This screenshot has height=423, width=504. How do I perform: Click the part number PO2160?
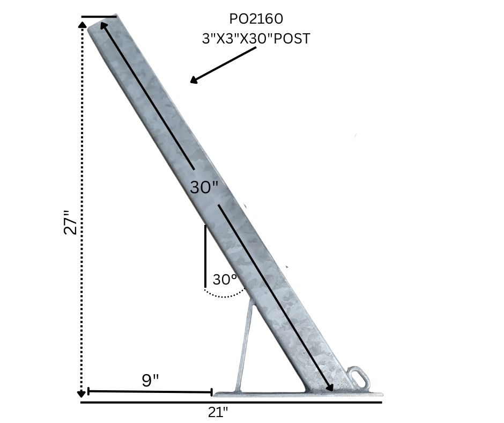[256, 19]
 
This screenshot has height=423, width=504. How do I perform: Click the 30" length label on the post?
[204, 187]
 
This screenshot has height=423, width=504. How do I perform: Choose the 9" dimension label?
[150, 380]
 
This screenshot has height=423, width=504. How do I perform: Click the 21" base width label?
[218, 412]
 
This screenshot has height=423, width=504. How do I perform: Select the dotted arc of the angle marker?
[225, 295]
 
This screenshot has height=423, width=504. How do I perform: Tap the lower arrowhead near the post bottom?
[330, 387]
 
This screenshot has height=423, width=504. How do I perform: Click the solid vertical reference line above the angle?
[205, 256]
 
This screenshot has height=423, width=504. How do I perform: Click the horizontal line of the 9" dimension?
[150, 392]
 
